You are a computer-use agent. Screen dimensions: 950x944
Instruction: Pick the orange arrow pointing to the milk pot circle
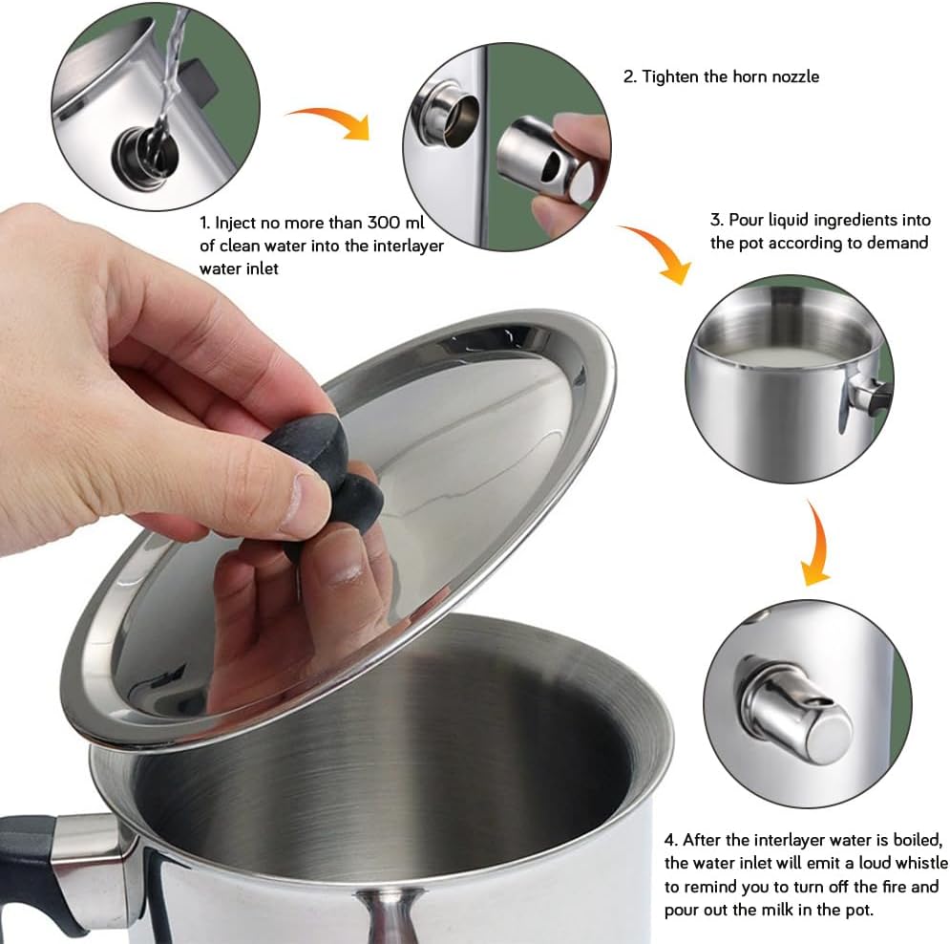(x=659, y=251)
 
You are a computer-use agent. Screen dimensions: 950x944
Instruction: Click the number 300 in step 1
(x=384, y=223)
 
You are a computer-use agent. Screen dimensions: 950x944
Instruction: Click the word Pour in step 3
(x=747, y=220)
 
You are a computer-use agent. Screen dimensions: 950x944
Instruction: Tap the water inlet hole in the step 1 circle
(x=145, y=158)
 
